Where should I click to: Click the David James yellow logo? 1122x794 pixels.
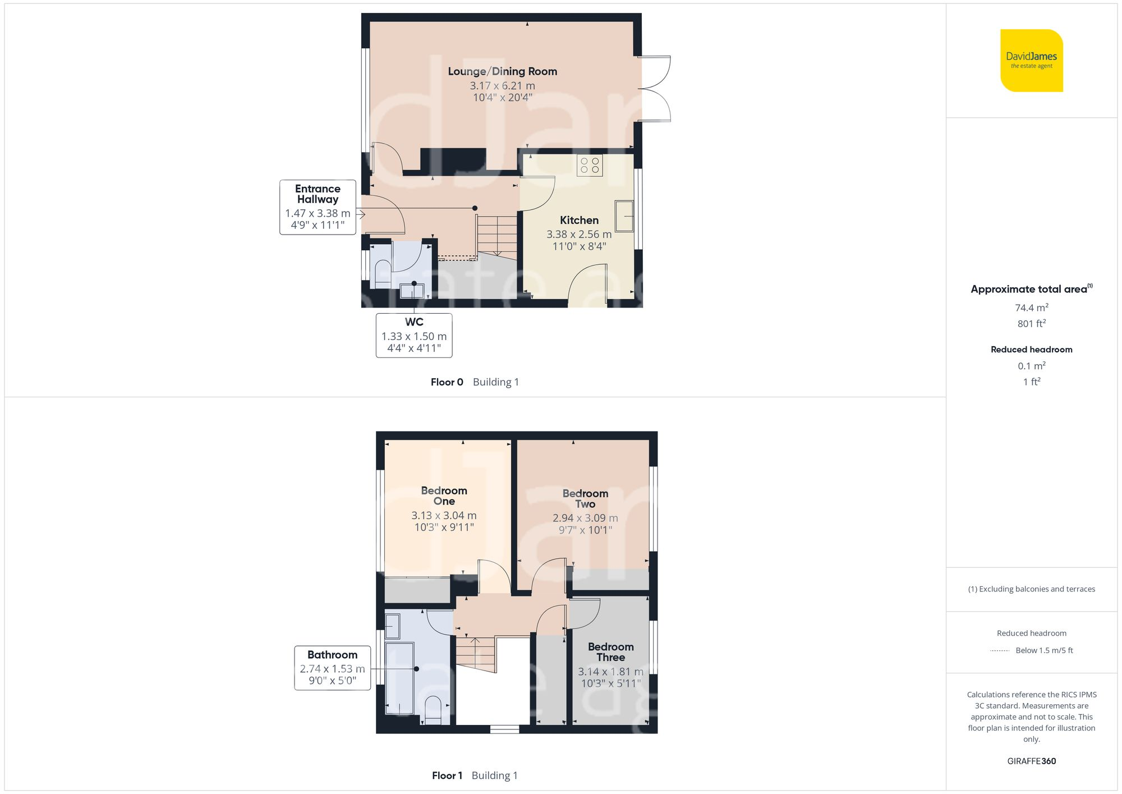click(x=1031, y=61)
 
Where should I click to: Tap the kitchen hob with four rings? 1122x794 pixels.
click(x=590, y=166)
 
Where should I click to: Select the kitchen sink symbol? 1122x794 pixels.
click(x=624, y=216)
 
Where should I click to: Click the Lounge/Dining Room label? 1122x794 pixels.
click(x=502, y=71)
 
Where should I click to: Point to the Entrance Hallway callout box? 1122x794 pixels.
click(x=318, y=207)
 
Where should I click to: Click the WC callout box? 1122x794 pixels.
click(x=414, y=335)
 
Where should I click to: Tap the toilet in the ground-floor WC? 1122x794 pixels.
click(x=383, y=272)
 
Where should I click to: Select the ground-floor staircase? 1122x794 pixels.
click(x=496, y=236)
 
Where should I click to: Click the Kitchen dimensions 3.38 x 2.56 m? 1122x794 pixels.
click(x=579, y=235)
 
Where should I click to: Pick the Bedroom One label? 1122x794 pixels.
click(x=444, y=495)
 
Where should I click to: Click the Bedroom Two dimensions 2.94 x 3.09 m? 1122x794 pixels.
click(x=585, y=518)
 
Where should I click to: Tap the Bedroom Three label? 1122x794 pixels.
click(x=610, y=652)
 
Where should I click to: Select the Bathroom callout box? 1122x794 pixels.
click(x=332, y=668)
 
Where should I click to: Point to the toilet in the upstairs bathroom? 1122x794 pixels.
click(x=433, y=710)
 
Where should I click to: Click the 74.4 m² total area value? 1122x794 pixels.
click(x=1031, y=307)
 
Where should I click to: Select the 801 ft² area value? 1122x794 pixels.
click(x=1031, y=324)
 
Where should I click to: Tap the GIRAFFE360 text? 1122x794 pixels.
click(x=1031, y=761)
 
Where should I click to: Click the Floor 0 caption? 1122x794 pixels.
click(x=447, y=382)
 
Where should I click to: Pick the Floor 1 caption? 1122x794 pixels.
click(x=447, y=775)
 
